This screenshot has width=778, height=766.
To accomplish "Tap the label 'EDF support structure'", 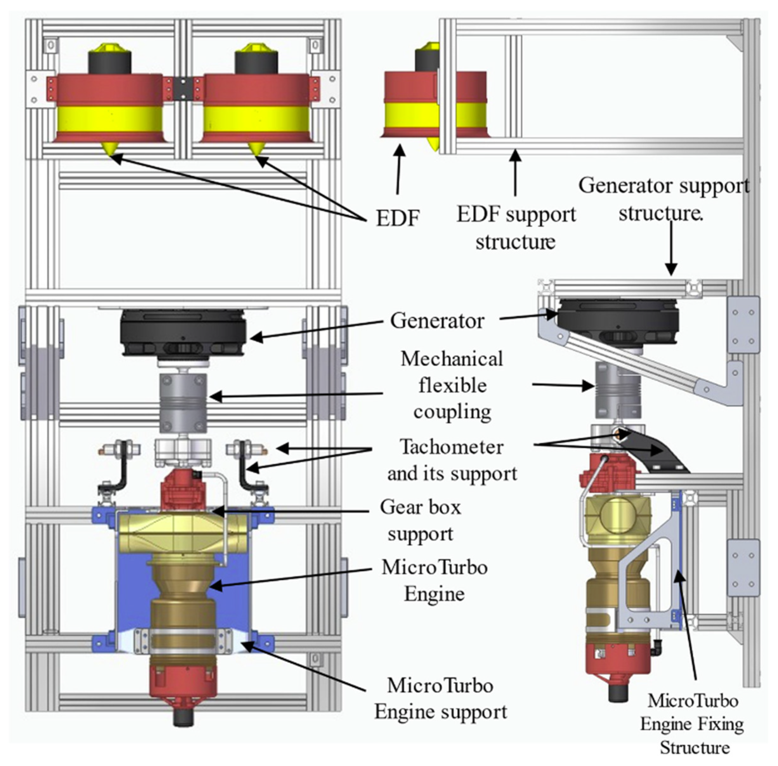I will coord(516,228).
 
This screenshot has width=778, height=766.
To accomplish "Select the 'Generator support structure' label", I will coord(664,199).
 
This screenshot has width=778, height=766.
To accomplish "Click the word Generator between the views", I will coord(437,321).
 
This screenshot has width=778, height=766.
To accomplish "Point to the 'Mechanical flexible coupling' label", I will coord(452,385).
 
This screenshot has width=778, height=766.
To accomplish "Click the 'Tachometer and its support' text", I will coord(452,460).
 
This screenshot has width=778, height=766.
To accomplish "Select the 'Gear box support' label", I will coord(420,520).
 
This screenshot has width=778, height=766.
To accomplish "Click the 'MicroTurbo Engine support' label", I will coord(441,698).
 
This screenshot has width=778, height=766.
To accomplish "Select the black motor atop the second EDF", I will coord(256,62).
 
